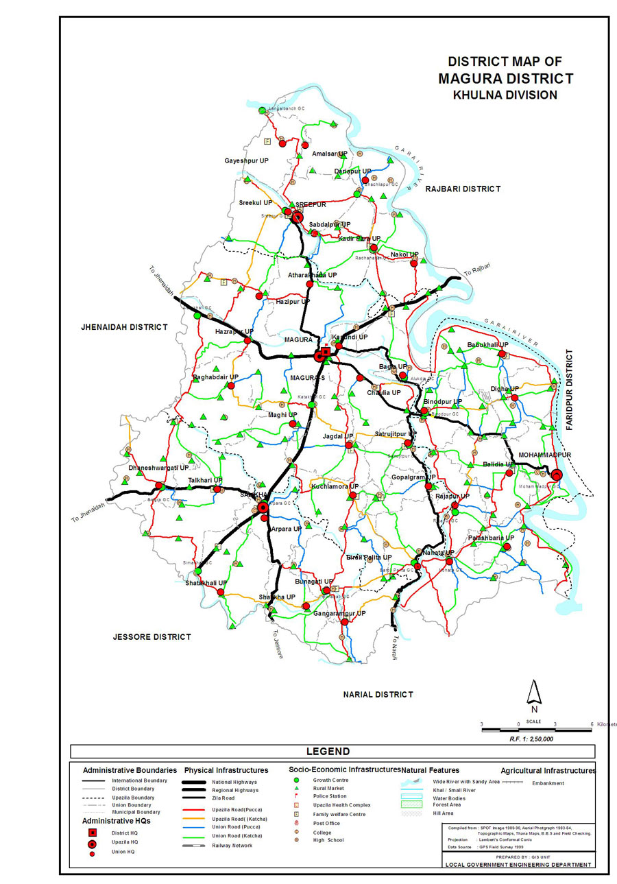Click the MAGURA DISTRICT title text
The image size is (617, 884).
tap(505, 78)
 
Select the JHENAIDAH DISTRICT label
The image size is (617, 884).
tap(124, 327)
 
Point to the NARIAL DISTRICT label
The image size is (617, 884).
tap(378, 695)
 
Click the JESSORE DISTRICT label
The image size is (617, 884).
tap(152, 637)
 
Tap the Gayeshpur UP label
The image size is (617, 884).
tap(246, 160)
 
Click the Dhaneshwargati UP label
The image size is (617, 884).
tap(158, 468)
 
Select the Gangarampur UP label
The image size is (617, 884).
tap(339, 613)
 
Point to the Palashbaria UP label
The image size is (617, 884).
tap(491, 538)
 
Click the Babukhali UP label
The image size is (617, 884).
tap(487, 344)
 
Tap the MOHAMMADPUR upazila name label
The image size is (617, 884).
tap(545, 455)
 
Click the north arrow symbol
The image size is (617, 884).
tap(534, 693)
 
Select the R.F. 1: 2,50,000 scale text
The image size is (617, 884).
tap(531, 739)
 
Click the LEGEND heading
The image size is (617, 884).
tap(328, 752)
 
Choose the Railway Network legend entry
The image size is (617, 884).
tap(232, 846)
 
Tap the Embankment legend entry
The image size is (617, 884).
tap(548, 783)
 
